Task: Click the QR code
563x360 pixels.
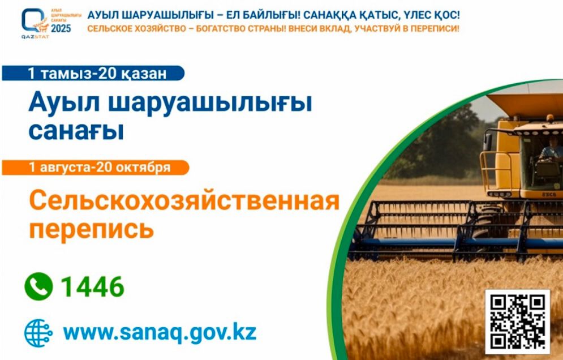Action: [517, 321]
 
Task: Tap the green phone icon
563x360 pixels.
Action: [38, 287]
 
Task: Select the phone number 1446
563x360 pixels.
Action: [92, 288]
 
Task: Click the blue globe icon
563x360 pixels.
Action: [38, 332]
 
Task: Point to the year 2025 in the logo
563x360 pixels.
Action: [61, 28]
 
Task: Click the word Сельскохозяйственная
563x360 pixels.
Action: [184, 200]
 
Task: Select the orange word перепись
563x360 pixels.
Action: [91, 229]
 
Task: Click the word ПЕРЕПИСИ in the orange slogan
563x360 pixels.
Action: [436, 28]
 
